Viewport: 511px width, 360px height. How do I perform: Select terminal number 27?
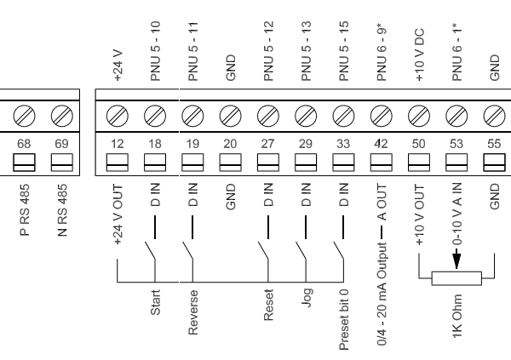point(267,145)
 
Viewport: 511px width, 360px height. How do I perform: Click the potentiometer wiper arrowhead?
point(456,266)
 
